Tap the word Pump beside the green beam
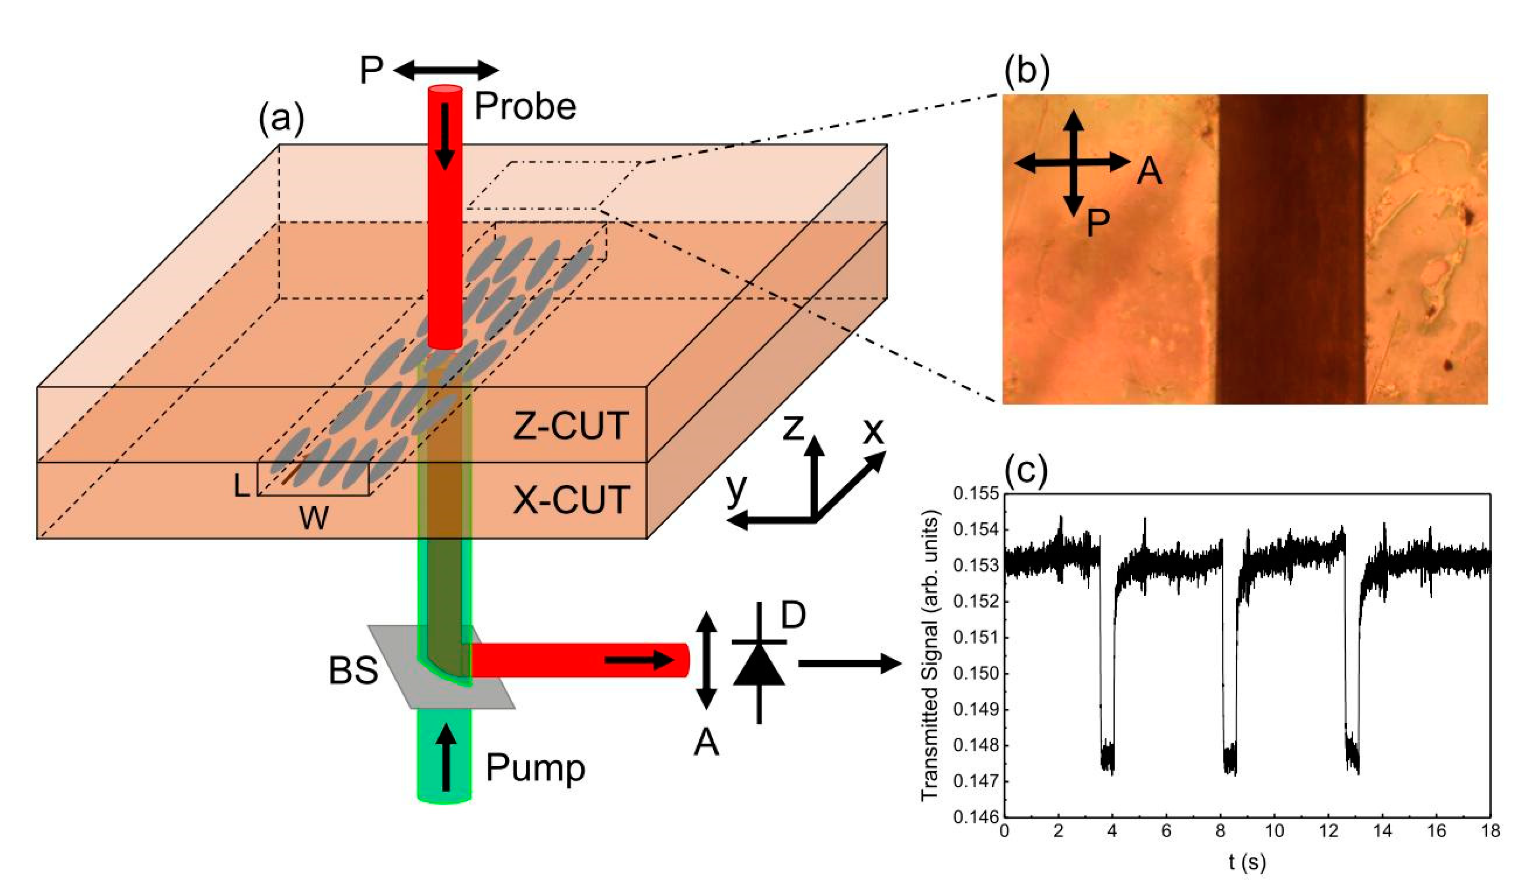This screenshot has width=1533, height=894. (x=535, y=767)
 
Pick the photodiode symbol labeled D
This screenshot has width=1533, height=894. (x=759, y=663)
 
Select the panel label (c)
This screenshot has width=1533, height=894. (x=1026, y=470)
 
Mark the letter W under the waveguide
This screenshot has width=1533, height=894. (x=314, y=518)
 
